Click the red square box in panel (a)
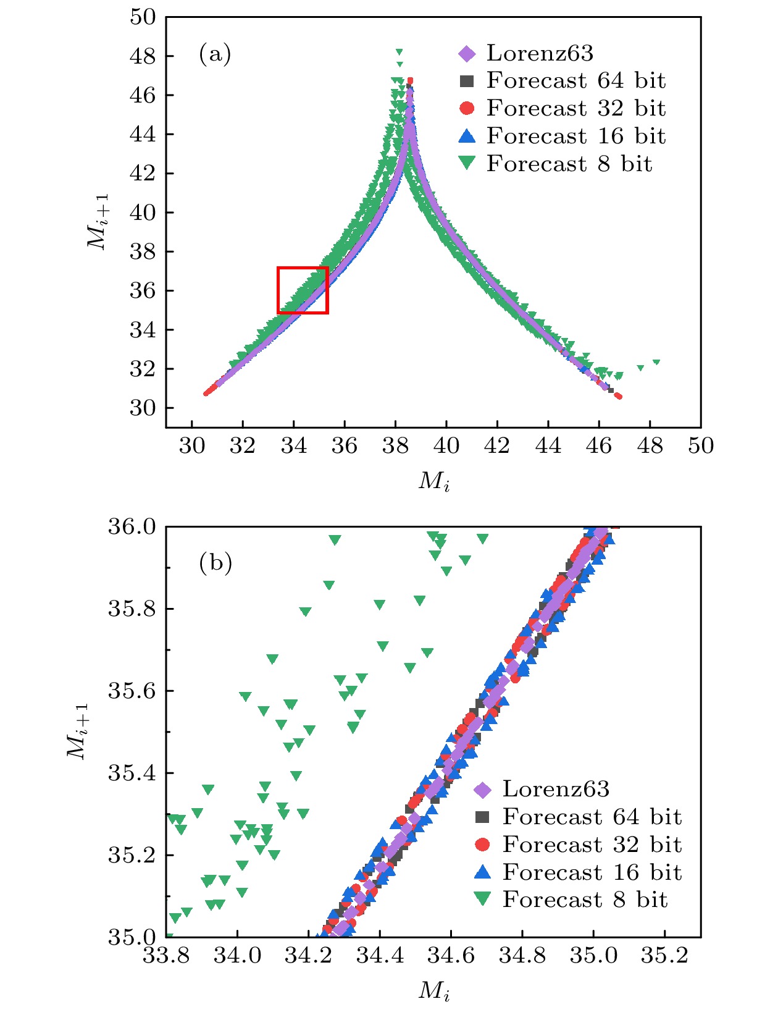click(x=303, y=290)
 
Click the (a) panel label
click(x=215, y=54)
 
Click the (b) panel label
click(x=215, y=563)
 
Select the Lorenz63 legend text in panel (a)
click(x=540, y=53)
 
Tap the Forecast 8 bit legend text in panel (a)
click(x=569, y=164)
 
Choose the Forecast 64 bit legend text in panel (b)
click(x=592, y=817)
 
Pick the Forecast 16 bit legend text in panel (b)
click(x=592, y=872)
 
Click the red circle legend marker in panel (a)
click(x=467, y=108)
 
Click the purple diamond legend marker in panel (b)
click(x=482, y=789)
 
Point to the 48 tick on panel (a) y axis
click(x=143, y=56)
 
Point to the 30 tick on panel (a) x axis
click(x=191, y=445)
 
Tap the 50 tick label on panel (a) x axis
click(x=701, y=445)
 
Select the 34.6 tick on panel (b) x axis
click(x=451, y=955)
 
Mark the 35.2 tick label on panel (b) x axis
click(x=664, y=955)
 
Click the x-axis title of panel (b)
click(x=434, y=990)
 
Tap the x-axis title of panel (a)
click(x=434, y=481)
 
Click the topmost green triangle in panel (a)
click(x=399, y=52)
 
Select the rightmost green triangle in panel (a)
click(x=656, y=363)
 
